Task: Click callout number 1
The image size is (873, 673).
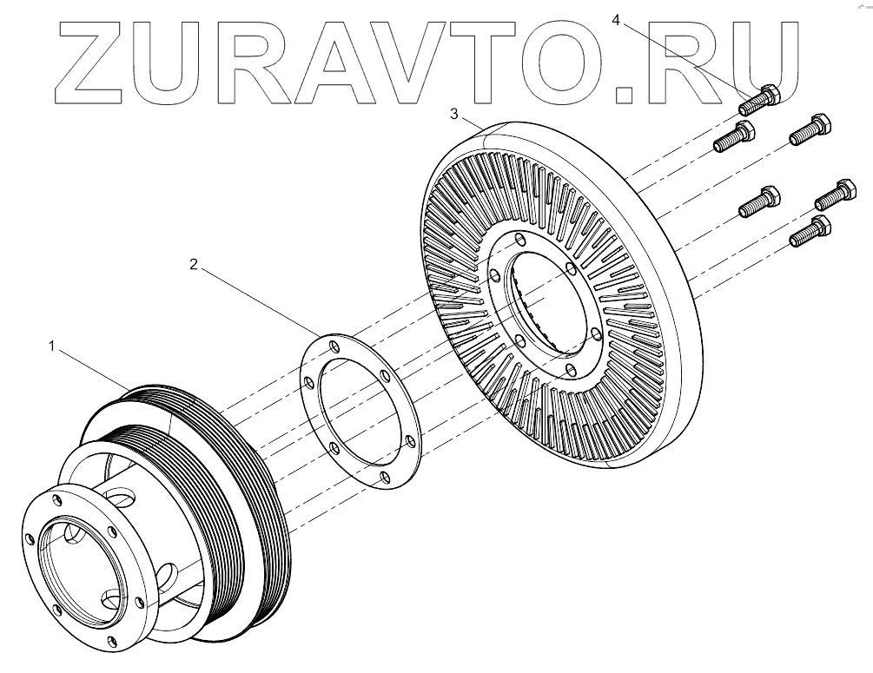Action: [x=52, y=346]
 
